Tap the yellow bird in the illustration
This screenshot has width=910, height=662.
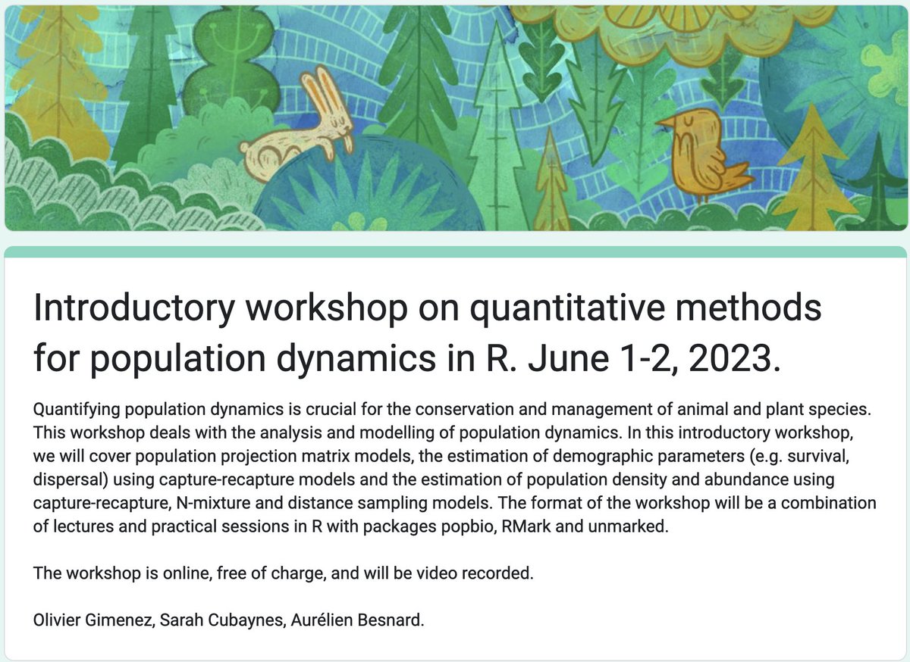pos(701,155)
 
